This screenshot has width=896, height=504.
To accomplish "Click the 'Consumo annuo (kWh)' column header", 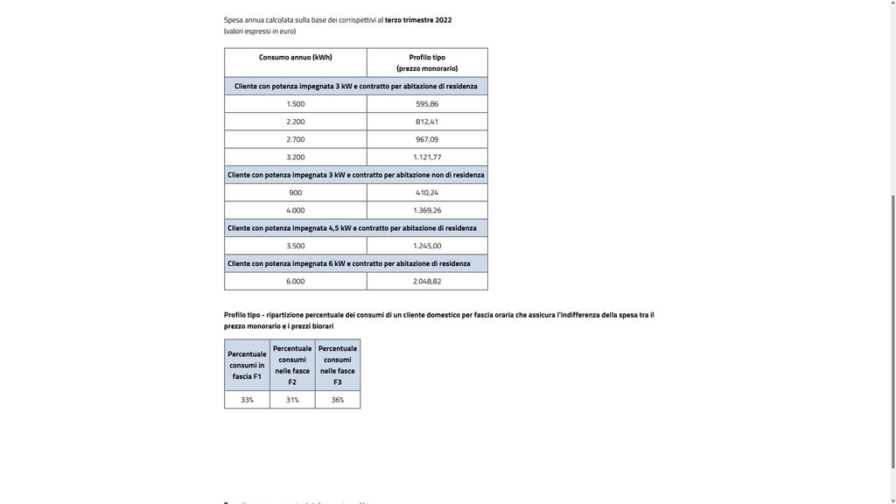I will (295, 58).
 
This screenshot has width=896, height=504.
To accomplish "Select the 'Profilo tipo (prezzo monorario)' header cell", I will (427, 63).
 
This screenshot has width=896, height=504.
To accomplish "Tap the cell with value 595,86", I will (427, 104).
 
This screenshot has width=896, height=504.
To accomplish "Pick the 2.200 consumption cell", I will (296, 122).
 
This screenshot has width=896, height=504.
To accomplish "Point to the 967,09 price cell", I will (427, 139).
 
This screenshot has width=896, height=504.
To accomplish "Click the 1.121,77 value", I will (427, 157).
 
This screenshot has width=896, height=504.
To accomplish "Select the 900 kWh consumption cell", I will (296, 192).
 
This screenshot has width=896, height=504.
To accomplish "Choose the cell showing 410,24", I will (427, 192).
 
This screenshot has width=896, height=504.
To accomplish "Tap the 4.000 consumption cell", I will (296, 210).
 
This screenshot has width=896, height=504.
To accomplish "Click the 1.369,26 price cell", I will (427, 210).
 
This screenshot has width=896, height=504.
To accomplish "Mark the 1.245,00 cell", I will (427, 246).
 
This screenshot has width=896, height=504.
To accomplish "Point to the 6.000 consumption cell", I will (296, 281).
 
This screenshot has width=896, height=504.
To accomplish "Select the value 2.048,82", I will (427, 281).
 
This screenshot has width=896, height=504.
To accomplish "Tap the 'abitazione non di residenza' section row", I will (355, 175).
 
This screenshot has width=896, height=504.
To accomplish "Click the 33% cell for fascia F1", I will (247, 400).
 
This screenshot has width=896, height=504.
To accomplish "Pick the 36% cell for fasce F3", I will (337, 400).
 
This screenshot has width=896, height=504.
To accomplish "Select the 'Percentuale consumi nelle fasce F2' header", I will (292, 365).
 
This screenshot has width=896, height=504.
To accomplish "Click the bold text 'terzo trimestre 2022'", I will (418, 19).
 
